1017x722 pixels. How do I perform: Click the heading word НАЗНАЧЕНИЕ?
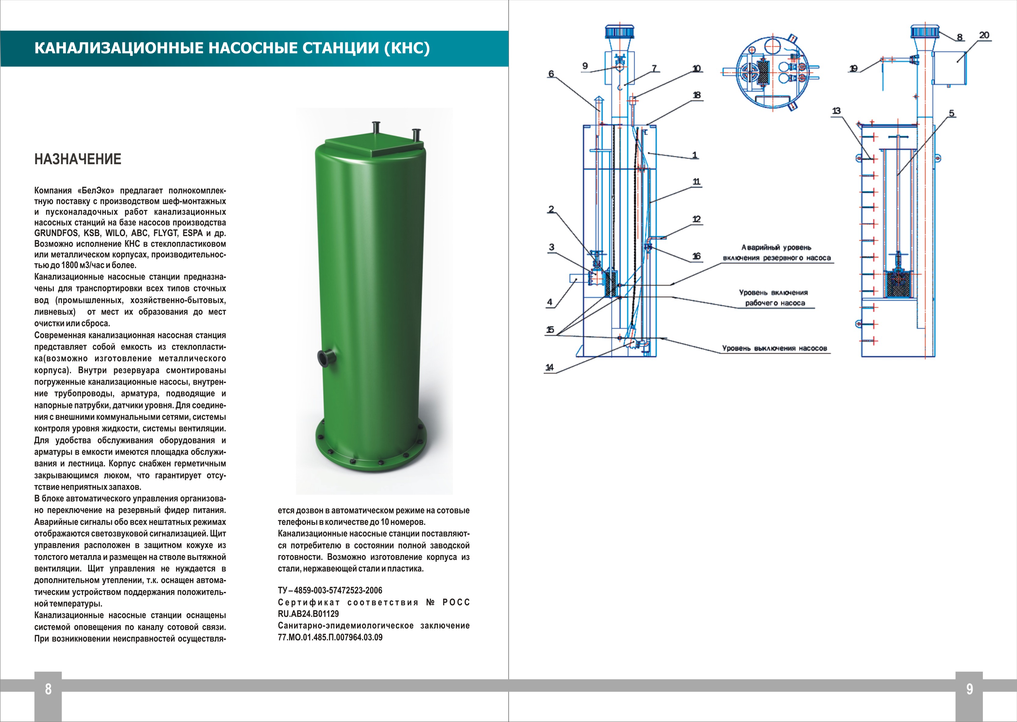click(x=78, y=159)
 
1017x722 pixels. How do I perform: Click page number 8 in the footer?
click(x=48, y=689)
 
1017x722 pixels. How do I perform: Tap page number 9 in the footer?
click(x=969, y=689)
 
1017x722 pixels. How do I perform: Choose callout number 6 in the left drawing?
click(x=551, y=74)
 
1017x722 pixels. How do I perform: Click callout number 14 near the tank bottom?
click(x=550, y=367)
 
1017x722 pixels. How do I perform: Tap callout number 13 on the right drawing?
click(x=836, y=111)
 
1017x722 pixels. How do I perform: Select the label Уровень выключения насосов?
click(x=774, y=349)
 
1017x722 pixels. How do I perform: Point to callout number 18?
click(x=697, y=95)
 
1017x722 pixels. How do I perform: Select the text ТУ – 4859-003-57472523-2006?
click(x=330, y=590)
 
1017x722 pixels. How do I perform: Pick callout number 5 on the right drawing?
click(x=951, y=113)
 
